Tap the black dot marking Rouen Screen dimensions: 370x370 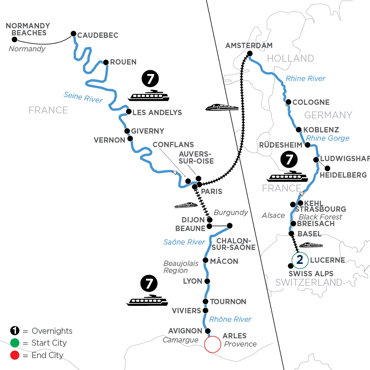click(x=106, y=62)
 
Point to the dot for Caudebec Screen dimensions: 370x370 click(x=74, y=34)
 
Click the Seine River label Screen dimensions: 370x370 click(x=83, y=97)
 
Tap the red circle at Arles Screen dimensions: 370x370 click(x=212, y=345)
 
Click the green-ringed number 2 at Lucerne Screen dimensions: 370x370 click(x=300, y=259)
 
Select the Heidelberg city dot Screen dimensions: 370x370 click(x=327, y=168)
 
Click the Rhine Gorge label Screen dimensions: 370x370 click(x=328, y=138)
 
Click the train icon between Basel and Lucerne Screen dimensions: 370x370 click(x=310, y=245)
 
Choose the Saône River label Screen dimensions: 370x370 click(x=184, y=242)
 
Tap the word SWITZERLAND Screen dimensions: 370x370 click(x=308, y=282)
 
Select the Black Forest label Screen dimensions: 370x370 click(x=320, y=217)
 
